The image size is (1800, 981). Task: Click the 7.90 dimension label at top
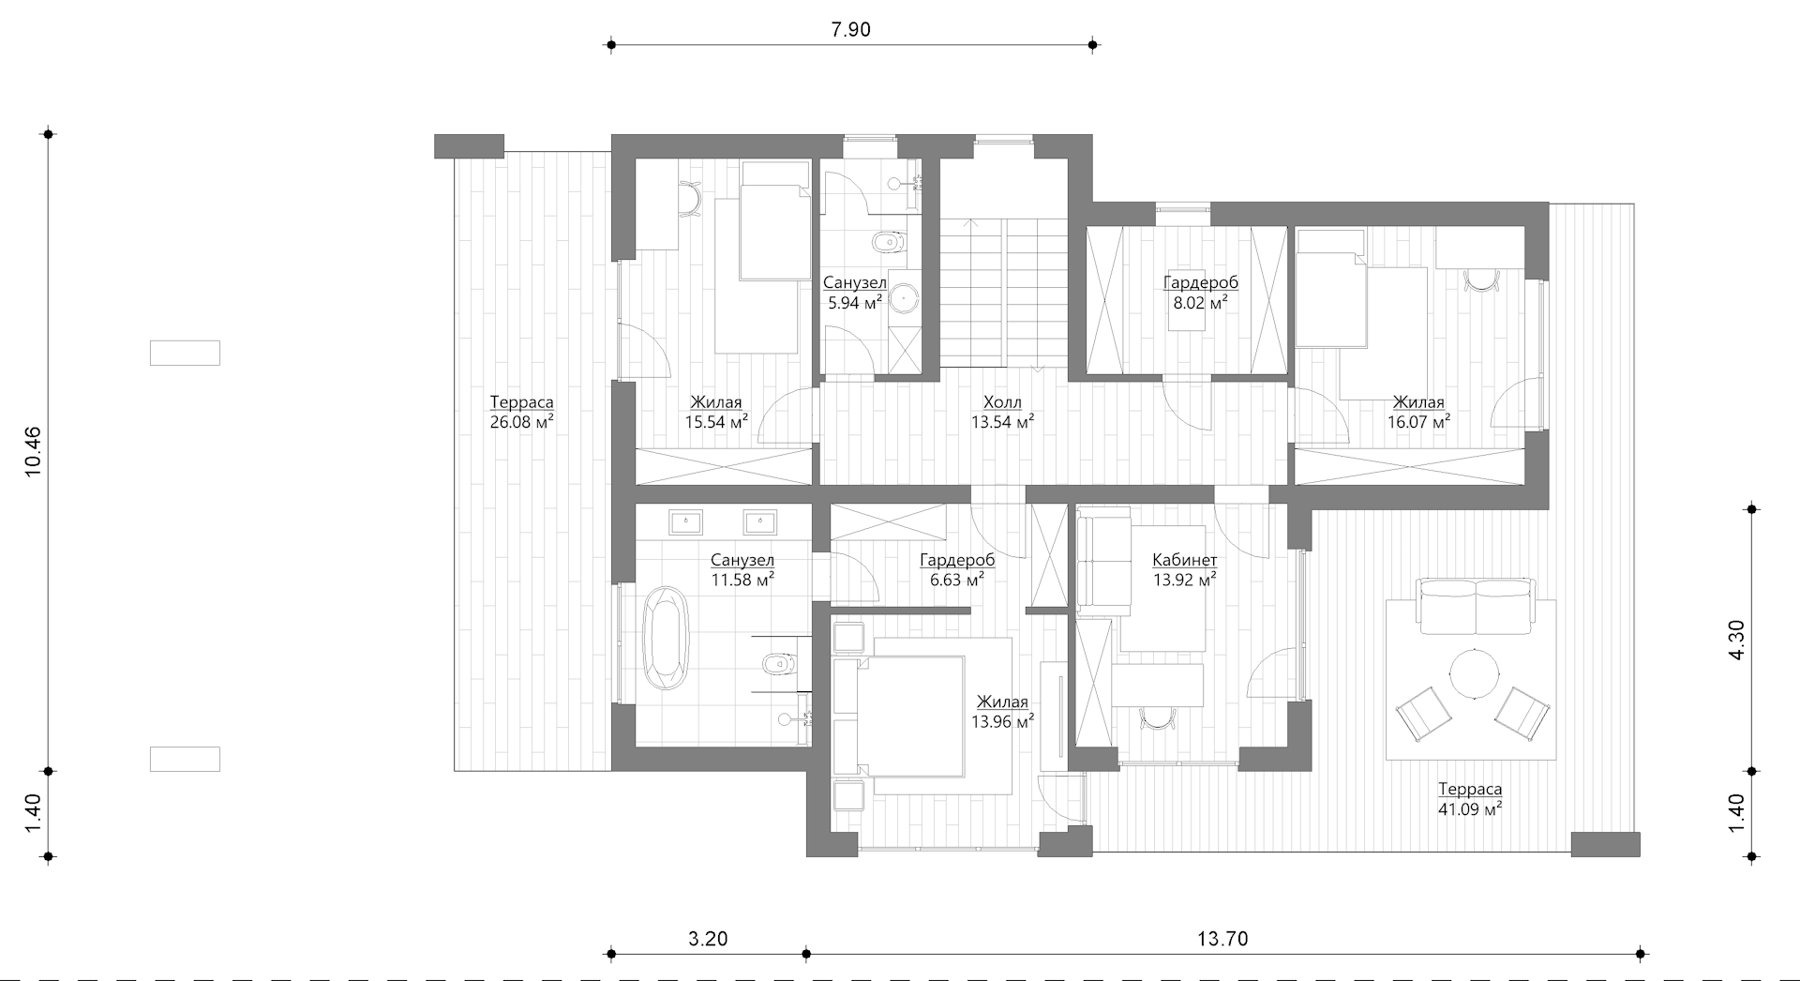click(850, 30)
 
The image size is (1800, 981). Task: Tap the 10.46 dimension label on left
click(33, 451)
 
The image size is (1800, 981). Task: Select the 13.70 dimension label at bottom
click(1222, 939)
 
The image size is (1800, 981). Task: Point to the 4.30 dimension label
click(1736, 641)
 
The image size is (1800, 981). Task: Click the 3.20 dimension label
click(708, 939)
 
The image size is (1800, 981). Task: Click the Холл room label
click(1002, 402)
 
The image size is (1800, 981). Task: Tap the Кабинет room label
click(1185, 560)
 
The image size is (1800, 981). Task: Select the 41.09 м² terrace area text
click(1470, 809)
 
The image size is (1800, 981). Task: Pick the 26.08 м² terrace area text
click(521, 422)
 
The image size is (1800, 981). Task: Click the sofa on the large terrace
click(1477, 607)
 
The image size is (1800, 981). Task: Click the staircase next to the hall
click(1004, 293)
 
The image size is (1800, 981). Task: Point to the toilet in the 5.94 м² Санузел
click(887, 244)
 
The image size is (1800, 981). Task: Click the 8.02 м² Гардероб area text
click(1200, 303)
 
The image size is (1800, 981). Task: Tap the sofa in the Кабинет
click(1103, 561)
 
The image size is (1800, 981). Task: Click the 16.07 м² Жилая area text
click(1418, 422)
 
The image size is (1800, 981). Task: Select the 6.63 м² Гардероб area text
click(956, 580)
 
